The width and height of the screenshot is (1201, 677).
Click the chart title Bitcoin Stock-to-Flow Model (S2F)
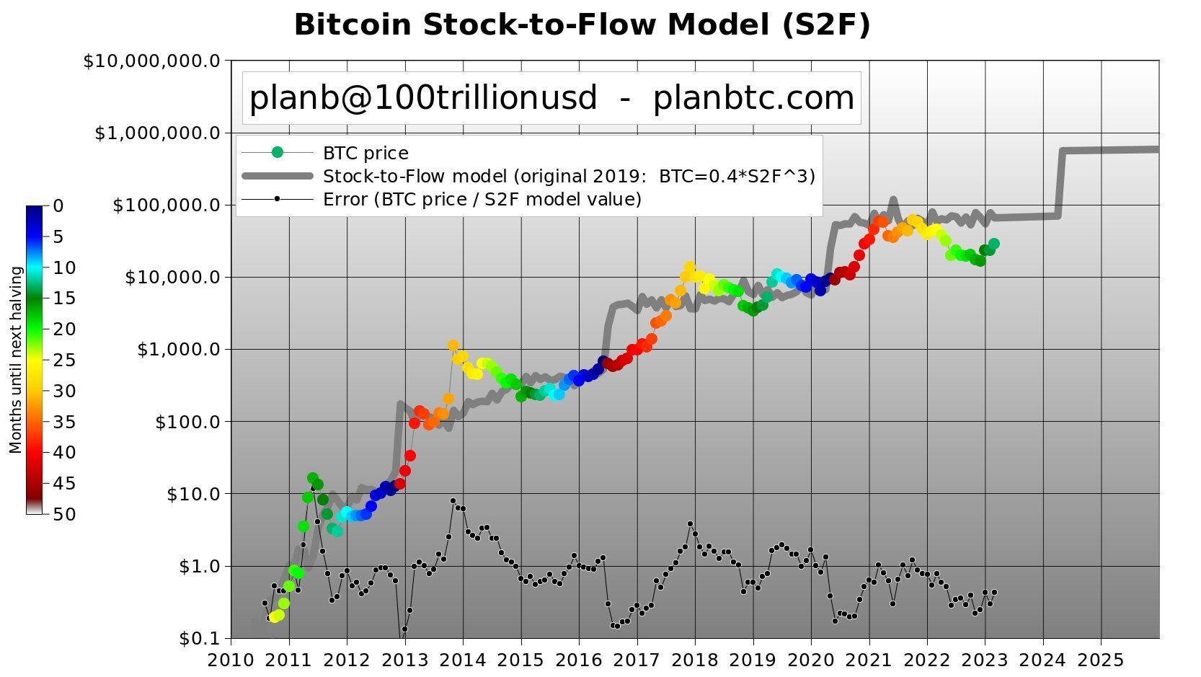[x=582, y=25]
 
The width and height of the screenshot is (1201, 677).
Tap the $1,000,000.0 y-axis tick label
[x=157, y=133]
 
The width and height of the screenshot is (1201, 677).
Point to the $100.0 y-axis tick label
[x=187, y=422]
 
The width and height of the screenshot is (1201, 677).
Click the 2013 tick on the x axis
[x=405, y=660]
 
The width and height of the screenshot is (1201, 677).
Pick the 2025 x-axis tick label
[x=1100, y=660]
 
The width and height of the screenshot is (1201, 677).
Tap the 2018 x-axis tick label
[x=695, y=660]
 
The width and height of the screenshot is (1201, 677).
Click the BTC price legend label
[x=365, y=154]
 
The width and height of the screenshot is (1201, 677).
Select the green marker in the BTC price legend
[x=278, y=152]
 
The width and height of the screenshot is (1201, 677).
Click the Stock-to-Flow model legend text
[x=569, y=177]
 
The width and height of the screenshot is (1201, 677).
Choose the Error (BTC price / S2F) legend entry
[x=482, y=199]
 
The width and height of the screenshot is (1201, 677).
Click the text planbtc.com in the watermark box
[x=753, y=98]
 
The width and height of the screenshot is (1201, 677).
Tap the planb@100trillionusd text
[x=423, y=98]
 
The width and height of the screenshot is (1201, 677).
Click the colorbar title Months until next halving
[x=16, y=360]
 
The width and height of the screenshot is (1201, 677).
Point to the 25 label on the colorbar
[x=63, y=360]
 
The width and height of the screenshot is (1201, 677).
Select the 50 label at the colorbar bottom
[x=63, y=514]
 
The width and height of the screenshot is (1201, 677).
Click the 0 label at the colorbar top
[x=58, y=206]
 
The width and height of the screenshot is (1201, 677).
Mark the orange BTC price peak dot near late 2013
[x=453, y=345]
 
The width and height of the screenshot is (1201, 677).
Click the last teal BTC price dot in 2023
[x=993, y=244]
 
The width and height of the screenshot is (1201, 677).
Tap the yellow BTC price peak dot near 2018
[x=689, y=267]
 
